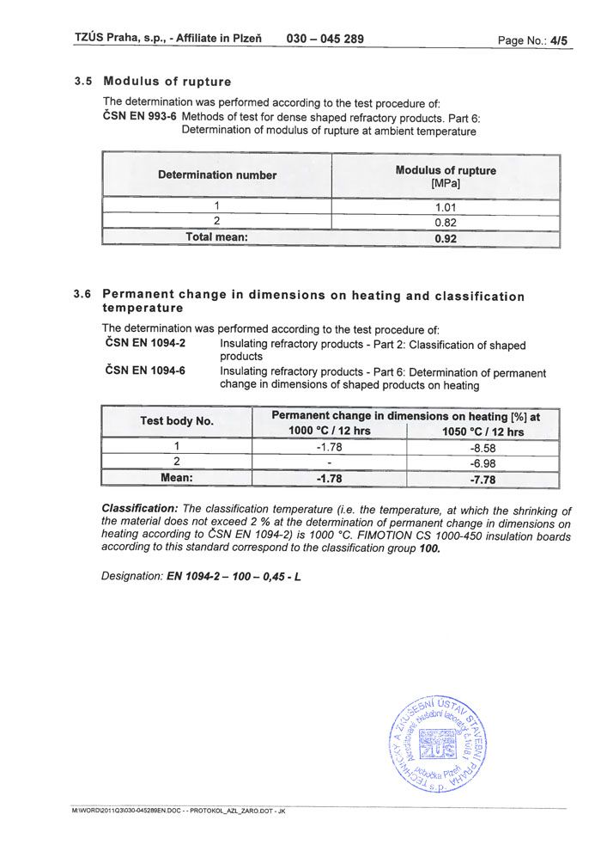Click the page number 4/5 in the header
coord(559,40)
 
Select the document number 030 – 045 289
coord(325,39)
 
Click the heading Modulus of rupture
coord(167,82)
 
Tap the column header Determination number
coord(217,175)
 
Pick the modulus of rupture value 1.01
coord(445,206)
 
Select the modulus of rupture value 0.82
coord(445,222)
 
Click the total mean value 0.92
coord(445,238)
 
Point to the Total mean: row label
coord(216,237)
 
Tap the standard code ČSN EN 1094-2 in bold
coord(144,344)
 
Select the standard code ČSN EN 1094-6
coord(144,371)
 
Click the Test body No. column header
coord(177,421)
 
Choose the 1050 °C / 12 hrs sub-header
coord(483,432)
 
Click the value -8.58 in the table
coord(483,448)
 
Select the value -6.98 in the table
coord(483,463)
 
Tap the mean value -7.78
coord(483,480)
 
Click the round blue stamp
coord(435,744)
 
